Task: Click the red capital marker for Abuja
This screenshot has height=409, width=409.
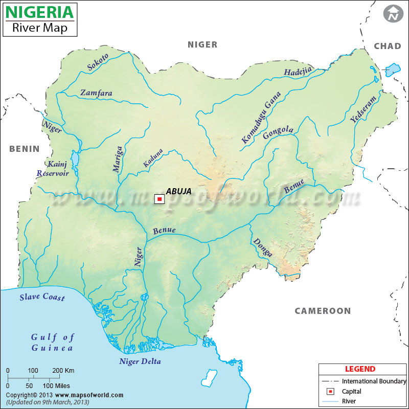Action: [160, 199]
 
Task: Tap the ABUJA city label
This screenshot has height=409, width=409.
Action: [178, 192]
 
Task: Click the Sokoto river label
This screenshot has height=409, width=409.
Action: [97, 61]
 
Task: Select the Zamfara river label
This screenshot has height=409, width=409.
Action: [96, 93]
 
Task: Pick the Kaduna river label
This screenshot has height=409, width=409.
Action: [153, 158]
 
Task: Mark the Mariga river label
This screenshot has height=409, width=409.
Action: [118, 158]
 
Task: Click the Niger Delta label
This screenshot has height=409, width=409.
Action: [140, 361]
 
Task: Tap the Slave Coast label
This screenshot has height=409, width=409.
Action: [42, 297]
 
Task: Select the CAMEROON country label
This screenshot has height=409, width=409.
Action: [323, 311]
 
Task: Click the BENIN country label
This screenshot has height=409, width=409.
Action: [24, 149]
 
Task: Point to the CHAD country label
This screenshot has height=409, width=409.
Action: [388, 46]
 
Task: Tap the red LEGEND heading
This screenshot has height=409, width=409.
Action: [360, 369]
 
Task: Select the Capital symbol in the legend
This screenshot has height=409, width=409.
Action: [331, 392]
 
